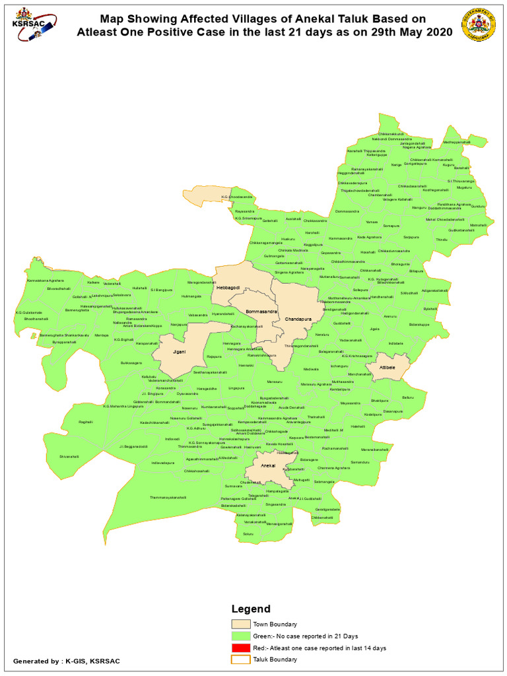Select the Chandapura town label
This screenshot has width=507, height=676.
[298, 320]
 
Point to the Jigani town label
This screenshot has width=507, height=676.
[179, 352]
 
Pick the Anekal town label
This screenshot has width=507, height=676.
[269, 466]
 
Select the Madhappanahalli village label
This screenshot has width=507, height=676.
[457, 142]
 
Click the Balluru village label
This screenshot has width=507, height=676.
[407, 397]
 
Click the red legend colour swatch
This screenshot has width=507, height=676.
[240, 648]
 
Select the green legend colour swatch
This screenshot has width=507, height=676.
[240, 636]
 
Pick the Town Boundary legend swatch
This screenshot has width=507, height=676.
[240, 624]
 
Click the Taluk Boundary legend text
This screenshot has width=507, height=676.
[274, 659]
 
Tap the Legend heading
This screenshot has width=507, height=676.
[250, 609]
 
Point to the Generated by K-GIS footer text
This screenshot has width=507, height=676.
[67, 660]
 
